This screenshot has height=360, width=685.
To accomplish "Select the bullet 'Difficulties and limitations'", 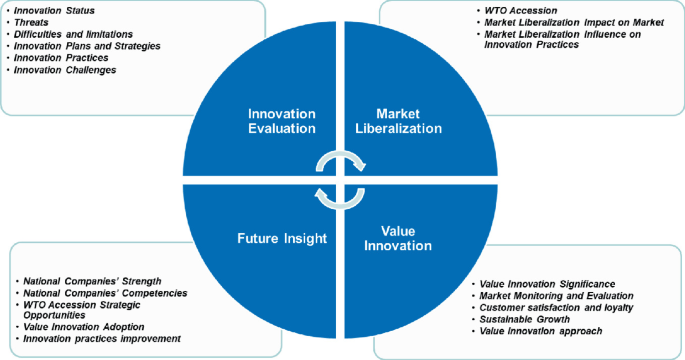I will [74, 33].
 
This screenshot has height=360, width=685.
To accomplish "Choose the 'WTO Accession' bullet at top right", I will [516, 10].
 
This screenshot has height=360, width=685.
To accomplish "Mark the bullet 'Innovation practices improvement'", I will [102, 339].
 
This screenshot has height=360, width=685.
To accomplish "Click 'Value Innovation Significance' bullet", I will [548, 283].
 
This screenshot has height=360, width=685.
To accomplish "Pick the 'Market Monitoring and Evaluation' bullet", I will [557, 295].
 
